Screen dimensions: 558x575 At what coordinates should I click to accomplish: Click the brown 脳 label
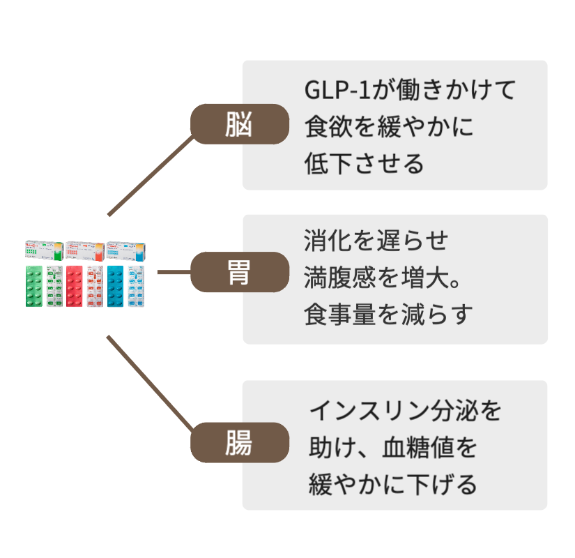(240, 124)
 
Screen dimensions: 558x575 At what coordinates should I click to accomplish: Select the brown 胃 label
(240, 272)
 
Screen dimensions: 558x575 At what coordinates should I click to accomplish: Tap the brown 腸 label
(240, 442)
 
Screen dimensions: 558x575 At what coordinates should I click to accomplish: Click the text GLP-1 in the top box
(336, 91)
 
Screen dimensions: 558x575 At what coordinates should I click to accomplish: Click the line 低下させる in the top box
(364, 165)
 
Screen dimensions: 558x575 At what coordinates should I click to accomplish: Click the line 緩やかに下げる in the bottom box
(392, 483)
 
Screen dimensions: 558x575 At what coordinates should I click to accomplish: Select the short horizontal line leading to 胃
(174, 272)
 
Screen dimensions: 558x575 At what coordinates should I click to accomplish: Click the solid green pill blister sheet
(34, 286)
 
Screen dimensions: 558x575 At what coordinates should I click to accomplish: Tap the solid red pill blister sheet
(75, 286)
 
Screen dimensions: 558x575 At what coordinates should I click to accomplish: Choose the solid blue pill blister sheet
(116, 286)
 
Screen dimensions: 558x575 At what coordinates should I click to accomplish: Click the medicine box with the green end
(45, 250)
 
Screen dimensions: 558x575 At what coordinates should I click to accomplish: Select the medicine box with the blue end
(126, 250)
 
